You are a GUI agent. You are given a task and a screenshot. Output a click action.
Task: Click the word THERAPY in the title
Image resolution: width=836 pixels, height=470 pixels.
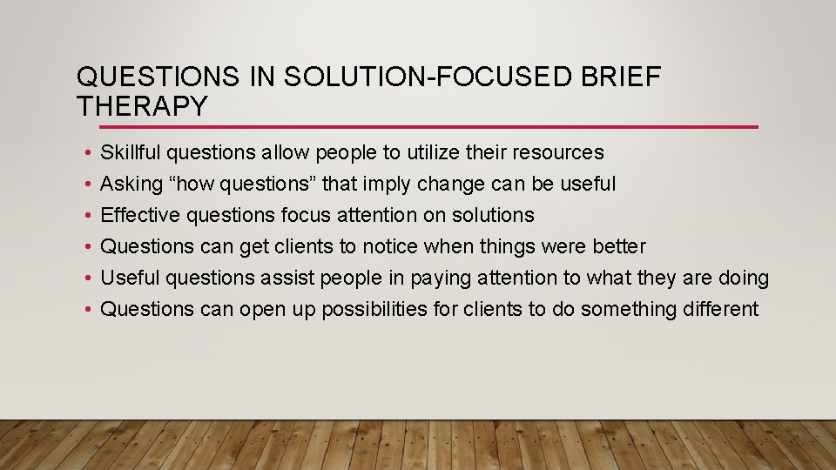(x=143, y=107)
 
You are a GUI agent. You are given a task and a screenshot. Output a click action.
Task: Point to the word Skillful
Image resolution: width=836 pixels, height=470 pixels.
(x=131, y=152)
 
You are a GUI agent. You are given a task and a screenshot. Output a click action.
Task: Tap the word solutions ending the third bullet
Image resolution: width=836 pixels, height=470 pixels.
(x=493, y=215)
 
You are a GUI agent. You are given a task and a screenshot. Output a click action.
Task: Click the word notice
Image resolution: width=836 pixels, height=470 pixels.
(x=389, y=246)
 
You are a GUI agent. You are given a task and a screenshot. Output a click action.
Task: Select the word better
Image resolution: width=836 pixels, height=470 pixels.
(x=618, y=246)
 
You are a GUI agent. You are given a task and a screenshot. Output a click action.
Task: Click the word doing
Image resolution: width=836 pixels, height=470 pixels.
(x=744, y=278)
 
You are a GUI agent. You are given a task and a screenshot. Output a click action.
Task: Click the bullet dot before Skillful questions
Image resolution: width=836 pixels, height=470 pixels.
(x=90, y=153)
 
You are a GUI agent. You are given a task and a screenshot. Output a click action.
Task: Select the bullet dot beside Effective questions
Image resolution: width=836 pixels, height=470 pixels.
(x=90, y=216)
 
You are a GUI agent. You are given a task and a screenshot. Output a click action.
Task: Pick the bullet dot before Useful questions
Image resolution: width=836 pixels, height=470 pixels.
(x=90, y=279)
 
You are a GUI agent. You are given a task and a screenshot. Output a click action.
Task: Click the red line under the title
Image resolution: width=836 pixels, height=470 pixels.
(x=417, y=127)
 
